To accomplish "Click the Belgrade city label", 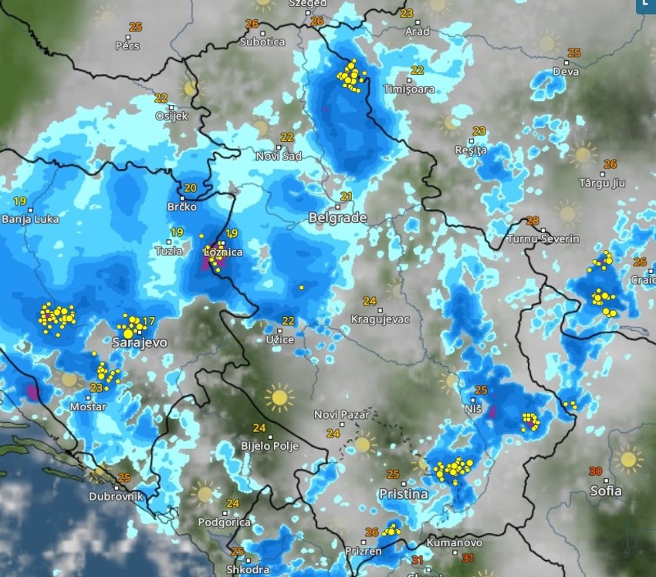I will (337, 218).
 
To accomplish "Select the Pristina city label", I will (403, 494).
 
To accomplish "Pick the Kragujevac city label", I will (380, 319).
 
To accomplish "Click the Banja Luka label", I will (26, 219).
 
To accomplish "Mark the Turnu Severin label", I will (543, 239).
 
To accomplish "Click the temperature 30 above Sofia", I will (595, 471).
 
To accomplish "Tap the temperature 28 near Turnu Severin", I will (532, 221).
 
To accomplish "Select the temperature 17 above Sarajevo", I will (149, 322).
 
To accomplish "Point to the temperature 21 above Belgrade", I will (347, 196).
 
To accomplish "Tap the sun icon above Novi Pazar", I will (279, 397).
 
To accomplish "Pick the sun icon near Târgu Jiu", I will (583, 154).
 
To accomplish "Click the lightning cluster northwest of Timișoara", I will (352, 76).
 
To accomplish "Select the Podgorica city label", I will (224, 522).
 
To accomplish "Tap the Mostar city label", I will (87, 407).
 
